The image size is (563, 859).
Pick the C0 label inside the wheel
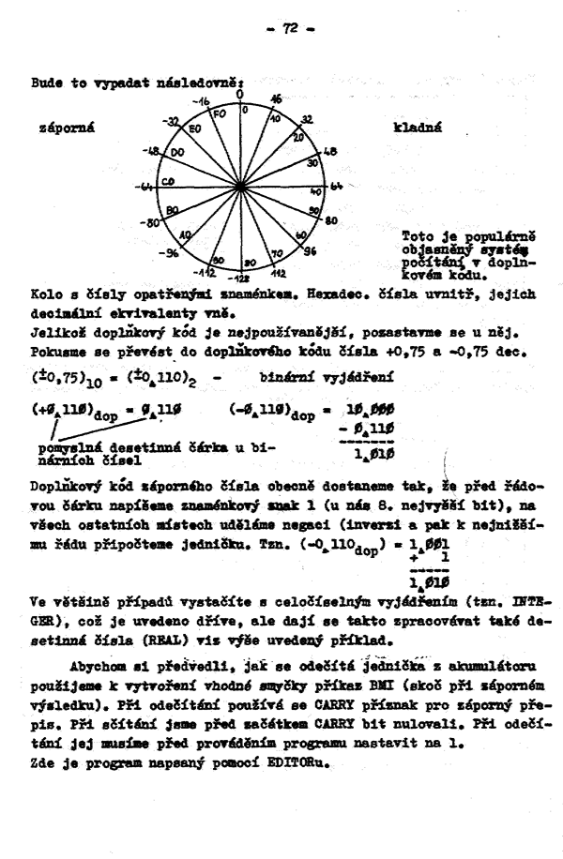[x=168, y=182]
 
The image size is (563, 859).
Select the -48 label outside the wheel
[x=150, y=148]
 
